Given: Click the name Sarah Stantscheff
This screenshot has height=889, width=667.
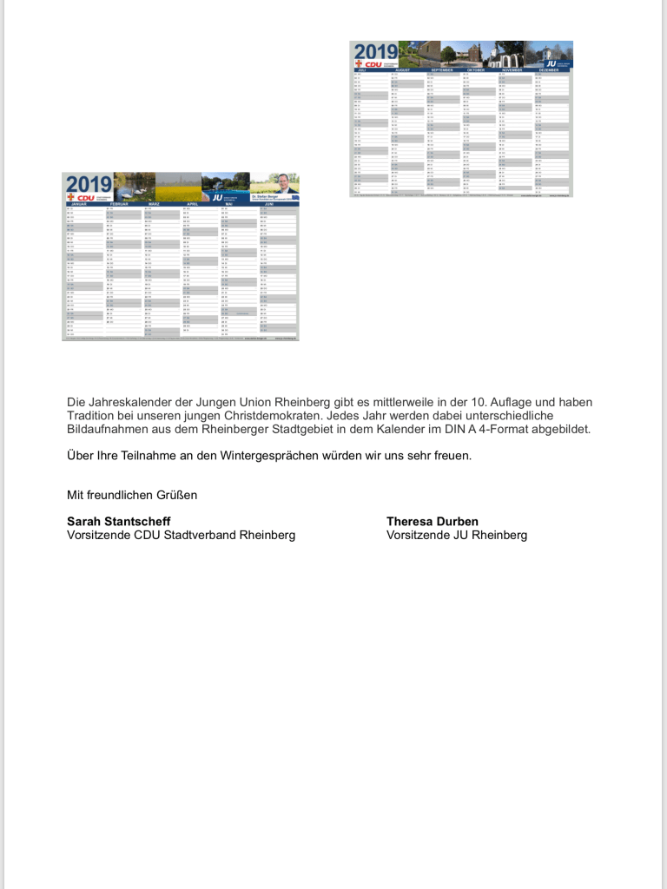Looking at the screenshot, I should [x=113, y=521].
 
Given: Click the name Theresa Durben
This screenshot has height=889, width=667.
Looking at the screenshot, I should [x=433, y=521].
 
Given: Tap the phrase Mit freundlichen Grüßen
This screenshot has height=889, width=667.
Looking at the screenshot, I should [x=132, y=495].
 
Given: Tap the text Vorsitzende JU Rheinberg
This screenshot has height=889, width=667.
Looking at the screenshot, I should [x=457, y=535].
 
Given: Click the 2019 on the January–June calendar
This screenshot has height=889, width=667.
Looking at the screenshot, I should [x=88, y=184].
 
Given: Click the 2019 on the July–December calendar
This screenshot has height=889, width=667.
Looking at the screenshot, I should [x=375, y=51].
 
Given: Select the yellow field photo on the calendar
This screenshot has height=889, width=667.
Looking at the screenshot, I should [x=178, y=184].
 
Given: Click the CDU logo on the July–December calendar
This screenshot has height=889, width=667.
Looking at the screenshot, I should [x=370, y=63].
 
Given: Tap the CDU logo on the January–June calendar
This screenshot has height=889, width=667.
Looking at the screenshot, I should [x=83, y=197].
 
